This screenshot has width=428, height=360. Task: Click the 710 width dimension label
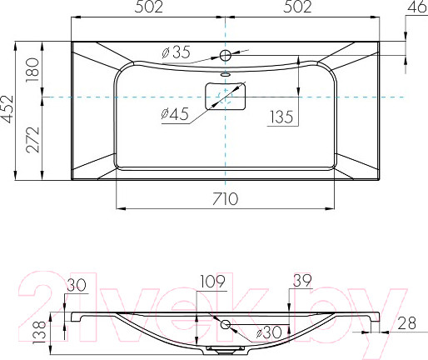pos(225,199)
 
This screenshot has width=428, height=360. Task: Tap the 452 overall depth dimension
pos(7,109)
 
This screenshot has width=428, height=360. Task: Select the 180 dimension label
pos(32,70)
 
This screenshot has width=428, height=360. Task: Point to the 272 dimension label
pos(32,140)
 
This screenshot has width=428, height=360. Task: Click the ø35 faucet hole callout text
pos(177,52)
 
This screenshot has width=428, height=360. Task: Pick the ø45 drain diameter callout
pos(175,114)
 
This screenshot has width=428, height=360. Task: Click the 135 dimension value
pos(281,117)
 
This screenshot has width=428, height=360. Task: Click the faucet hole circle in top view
pos(226,56)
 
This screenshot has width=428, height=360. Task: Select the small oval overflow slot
pos(226,74)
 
